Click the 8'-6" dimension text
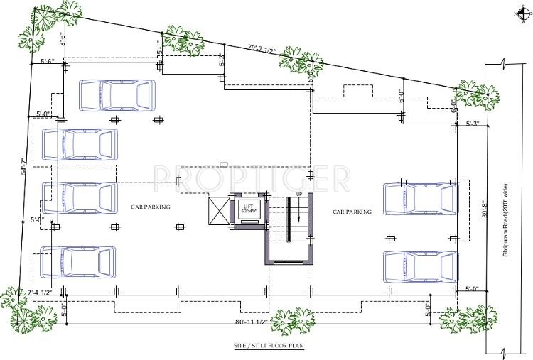pos(62,38)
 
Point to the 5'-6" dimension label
pos(48,62)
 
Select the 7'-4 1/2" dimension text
pos(41,293)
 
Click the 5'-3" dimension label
pos(473,124)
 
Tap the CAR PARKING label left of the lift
pos(151,207)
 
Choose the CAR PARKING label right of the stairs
pos(352,212)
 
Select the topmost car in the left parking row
pos(117,94)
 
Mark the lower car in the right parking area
pos(419,265)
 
